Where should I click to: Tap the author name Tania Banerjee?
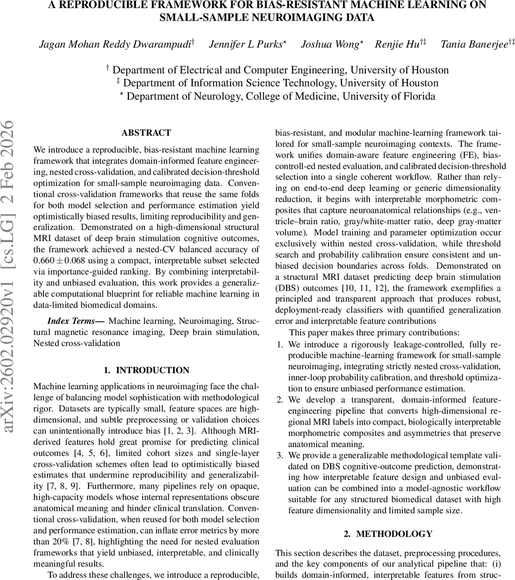coord(474,44)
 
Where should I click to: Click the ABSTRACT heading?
coord(146,132)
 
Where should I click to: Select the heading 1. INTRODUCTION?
coord(146,370)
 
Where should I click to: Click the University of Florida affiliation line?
coord(277,96)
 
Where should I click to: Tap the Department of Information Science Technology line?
coord(277,83)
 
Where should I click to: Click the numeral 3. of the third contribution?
coord(280,455)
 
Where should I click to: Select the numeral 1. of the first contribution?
coord(280,344)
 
